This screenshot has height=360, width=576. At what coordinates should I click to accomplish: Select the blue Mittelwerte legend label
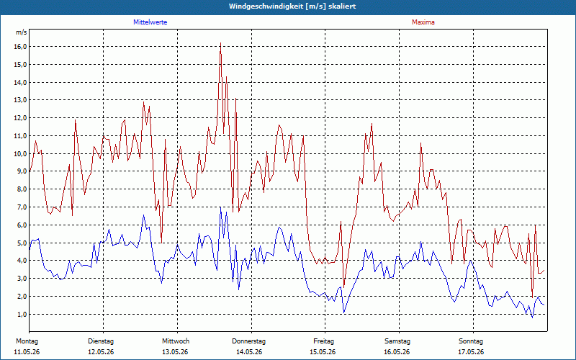150,22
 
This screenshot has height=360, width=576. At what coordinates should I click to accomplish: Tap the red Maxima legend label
423,22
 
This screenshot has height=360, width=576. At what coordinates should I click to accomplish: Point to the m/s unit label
22,32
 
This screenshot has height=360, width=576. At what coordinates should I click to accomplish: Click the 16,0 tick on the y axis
20,47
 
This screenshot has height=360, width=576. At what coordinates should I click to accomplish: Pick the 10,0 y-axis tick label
20,153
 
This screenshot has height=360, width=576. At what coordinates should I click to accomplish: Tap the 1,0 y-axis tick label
22,314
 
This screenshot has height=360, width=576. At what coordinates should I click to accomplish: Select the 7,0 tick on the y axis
22,207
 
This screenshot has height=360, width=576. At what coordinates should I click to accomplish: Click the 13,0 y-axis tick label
20,100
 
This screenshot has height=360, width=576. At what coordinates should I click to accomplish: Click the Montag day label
27,341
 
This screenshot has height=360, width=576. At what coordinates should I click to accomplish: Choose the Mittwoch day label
176,341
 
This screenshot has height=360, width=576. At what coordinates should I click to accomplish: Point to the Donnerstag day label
248,341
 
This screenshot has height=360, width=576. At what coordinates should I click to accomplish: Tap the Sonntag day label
471,341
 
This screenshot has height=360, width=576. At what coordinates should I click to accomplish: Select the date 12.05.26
101,352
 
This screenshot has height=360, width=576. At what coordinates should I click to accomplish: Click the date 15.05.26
323,352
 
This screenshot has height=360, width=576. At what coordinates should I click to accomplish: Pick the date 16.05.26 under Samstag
397,352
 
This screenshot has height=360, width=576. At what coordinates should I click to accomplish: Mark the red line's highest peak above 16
220,43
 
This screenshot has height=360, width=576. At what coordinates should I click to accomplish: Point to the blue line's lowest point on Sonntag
532,318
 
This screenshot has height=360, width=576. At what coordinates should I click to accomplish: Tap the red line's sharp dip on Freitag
344,287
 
